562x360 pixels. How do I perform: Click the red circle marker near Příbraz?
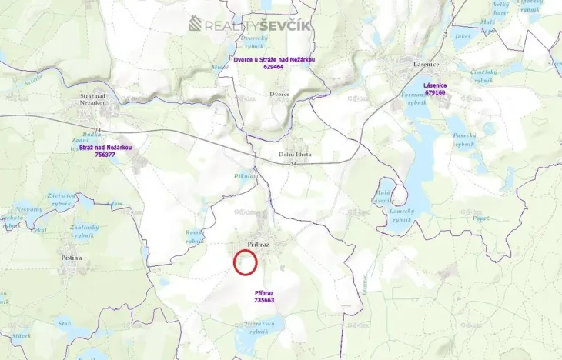point(245,262)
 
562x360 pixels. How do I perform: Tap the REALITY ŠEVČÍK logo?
point(250,24)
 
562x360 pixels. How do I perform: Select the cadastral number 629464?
point(273,67)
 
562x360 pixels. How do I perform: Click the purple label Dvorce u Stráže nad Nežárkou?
point(274,59)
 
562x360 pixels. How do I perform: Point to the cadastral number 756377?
point(105,155)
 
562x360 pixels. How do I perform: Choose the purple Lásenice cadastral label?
point(435,85)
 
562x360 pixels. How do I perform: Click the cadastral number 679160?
point(435,92)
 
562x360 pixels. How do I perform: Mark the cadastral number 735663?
point(264,300)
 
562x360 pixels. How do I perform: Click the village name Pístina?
point(71,258)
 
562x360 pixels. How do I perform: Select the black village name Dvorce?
point(279,94)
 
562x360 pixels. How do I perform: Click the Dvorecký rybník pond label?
point(253,40)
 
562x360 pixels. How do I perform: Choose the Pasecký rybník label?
point(464,139)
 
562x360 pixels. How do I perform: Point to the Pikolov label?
point(245,176)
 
